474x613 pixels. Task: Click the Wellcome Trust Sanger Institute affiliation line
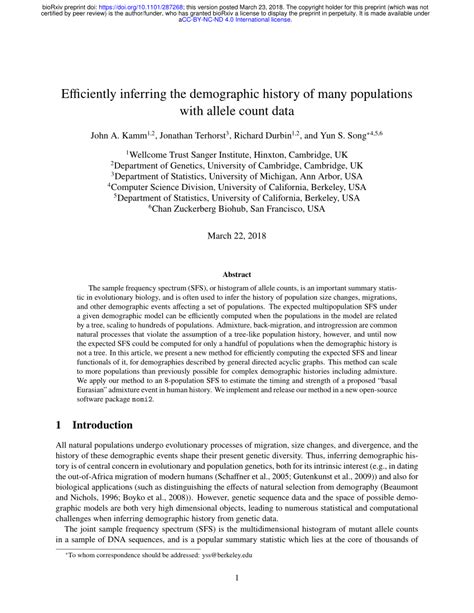click(237, 156)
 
